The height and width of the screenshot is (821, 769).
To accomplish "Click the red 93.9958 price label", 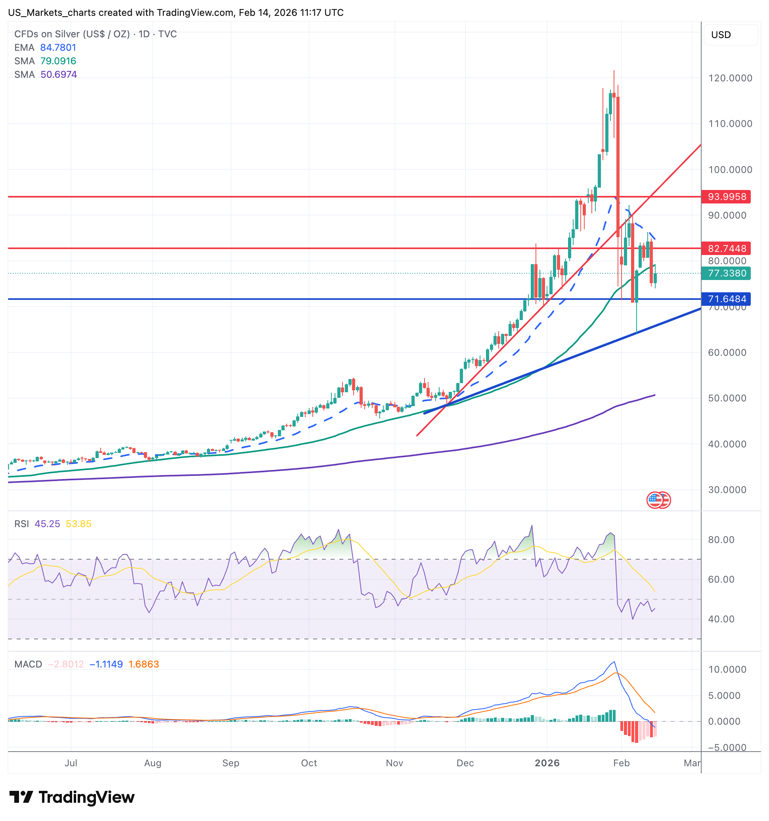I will tap(727, 197).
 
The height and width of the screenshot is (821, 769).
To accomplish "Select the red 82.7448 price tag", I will tap(727, 249).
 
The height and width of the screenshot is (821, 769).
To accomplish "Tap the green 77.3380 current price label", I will tap(727, 273).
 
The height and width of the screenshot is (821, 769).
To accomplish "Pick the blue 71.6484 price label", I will tap(727, 299).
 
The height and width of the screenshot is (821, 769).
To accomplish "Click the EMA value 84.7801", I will tap(58, 48).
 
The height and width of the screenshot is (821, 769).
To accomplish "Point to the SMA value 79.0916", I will tap(58, 61).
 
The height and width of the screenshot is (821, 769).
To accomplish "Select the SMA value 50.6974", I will tap(59, 75).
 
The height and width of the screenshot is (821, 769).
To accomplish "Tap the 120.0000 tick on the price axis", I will tap(730, 78).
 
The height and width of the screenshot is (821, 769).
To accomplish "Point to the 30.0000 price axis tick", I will tap(727, 490).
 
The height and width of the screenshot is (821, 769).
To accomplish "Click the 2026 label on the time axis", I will tap(547, 763).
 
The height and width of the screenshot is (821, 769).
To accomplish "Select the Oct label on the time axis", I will tap(309, 763).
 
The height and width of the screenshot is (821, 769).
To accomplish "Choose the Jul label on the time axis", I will tap(71, 763).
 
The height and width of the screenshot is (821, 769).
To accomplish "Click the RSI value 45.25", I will tap(47, 524).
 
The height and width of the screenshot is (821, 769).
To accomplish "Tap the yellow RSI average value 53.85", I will tap(78, 524).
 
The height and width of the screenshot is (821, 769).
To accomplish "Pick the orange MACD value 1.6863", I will tap(143, 664).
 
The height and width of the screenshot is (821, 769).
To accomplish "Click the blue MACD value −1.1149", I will tap(106, 664).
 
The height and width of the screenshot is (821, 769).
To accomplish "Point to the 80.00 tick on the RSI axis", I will tap(721, 540).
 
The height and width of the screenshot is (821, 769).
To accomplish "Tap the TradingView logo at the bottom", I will tap(72, 798).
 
